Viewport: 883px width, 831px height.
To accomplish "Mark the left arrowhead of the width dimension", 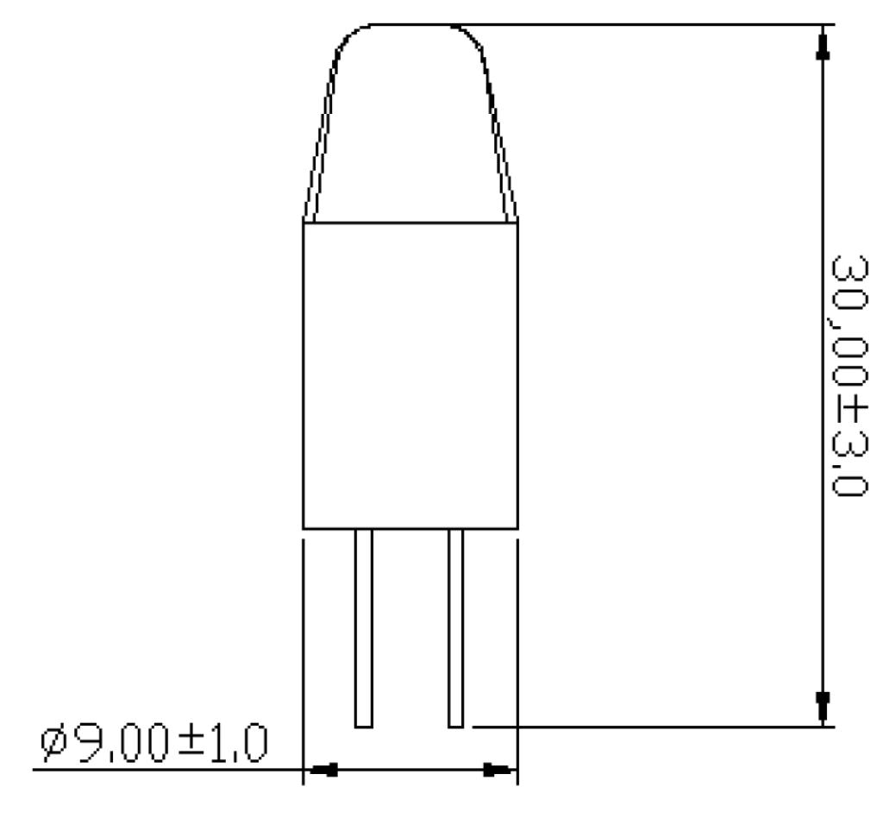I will pos(323,769).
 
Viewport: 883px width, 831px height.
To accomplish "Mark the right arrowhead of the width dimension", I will pos(497,769).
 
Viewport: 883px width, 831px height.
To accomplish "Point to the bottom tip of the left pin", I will pos(364,725).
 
